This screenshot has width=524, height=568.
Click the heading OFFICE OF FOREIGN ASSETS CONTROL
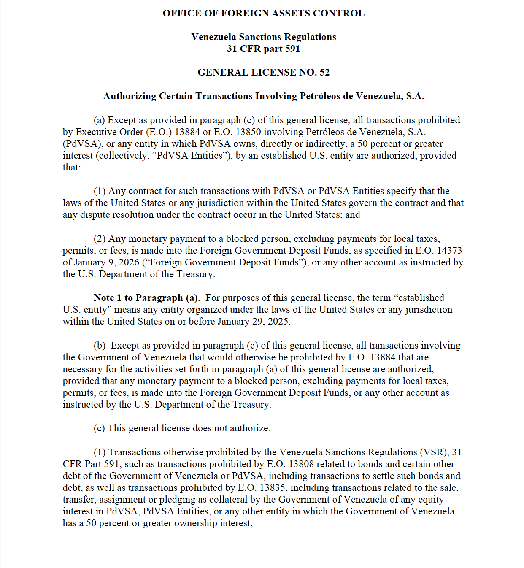coord(263,14)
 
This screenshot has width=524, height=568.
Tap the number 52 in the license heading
coord(324,73)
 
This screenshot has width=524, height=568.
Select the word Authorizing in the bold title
coord(130,96)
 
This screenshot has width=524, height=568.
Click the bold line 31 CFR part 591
coord(263,49)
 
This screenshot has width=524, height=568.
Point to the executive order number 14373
coord(449,251)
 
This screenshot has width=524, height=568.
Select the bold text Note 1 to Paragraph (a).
coord(147,298)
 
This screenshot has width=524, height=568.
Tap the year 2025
coord(277,322)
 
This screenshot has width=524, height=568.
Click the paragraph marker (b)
coord(100,346)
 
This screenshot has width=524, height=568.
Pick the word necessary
coord(83,369)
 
